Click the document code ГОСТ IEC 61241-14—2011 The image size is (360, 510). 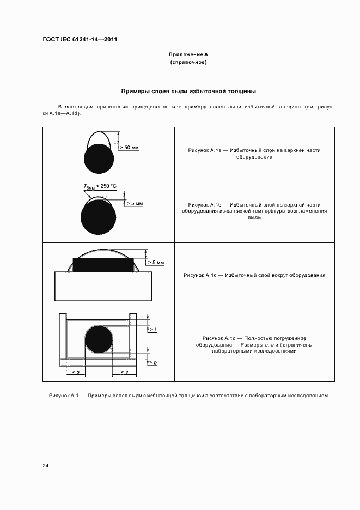tap(80, 40)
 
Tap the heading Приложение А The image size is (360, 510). tap(188, 54)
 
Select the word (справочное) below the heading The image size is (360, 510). tap(188, 63)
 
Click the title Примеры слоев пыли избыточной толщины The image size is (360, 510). tap(188, 91)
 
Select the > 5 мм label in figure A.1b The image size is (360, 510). tap(134, 203)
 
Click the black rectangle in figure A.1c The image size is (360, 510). tap(103, 265)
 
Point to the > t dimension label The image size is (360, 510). tap(152, 330)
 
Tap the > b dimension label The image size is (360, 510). tap(152, 362)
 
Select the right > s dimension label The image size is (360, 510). tap(123, 372)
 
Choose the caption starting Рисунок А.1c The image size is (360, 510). tap(254, 275)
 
